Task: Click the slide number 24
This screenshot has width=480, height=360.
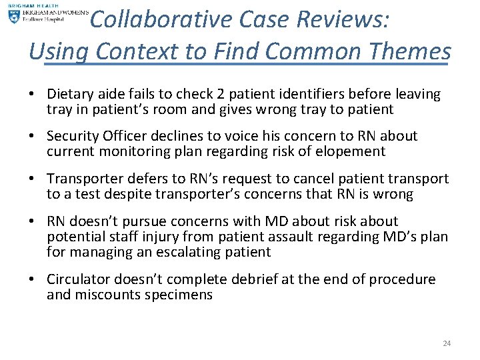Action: (447, 343)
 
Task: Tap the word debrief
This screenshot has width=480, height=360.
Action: (265, 279)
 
